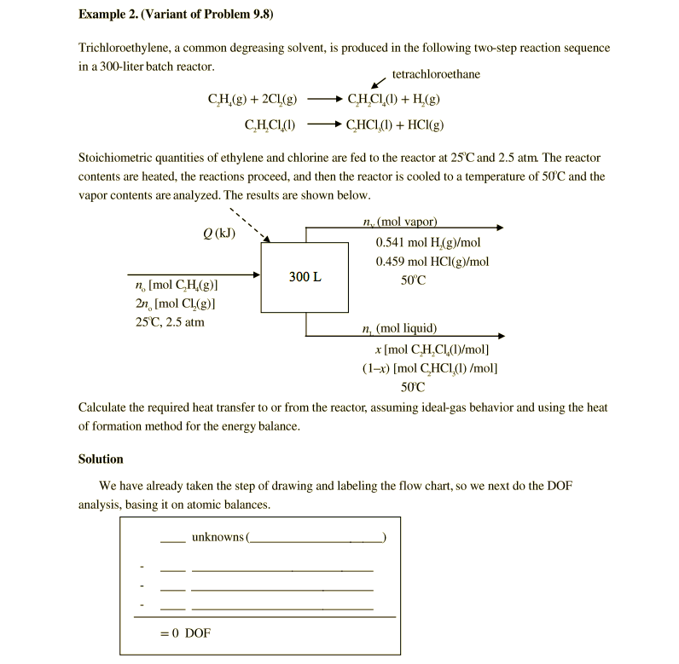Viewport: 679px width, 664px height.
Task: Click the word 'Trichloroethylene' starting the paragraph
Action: [120, 48]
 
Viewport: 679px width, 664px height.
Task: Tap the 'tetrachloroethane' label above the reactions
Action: [436, 74]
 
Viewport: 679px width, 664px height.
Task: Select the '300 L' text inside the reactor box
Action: [305, 277]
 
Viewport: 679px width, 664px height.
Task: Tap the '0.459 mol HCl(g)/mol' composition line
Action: [432, 262]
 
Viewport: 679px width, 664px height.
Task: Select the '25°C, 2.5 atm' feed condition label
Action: [170, 322]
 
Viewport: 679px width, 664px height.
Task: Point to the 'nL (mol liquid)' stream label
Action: [399, 328]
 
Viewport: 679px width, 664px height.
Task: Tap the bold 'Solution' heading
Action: [101, 459]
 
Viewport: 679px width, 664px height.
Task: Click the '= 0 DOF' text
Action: [185, 632]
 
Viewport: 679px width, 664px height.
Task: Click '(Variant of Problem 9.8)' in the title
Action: [212, 14]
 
